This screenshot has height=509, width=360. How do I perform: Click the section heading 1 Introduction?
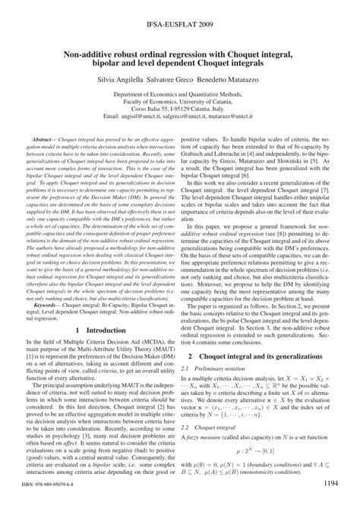coord(98,331)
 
